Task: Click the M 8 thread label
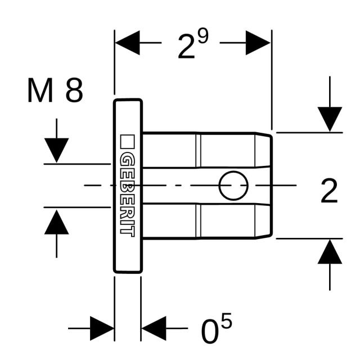coord(55,91)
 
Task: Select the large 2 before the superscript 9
coord(185,47)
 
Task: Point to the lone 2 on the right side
coord(329,192)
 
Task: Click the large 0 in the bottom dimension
coord(210,332)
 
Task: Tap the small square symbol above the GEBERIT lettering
coord(127,141)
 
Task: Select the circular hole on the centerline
coord(233,186)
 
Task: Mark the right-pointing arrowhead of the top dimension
coord(259,43)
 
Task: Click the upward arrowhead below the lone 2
coord(330,253)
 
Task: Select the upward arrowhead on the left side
coord(56,221)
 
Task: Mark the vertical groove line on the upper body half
coord(199,150)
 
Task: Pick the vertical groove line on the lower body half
coord(199,220)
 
